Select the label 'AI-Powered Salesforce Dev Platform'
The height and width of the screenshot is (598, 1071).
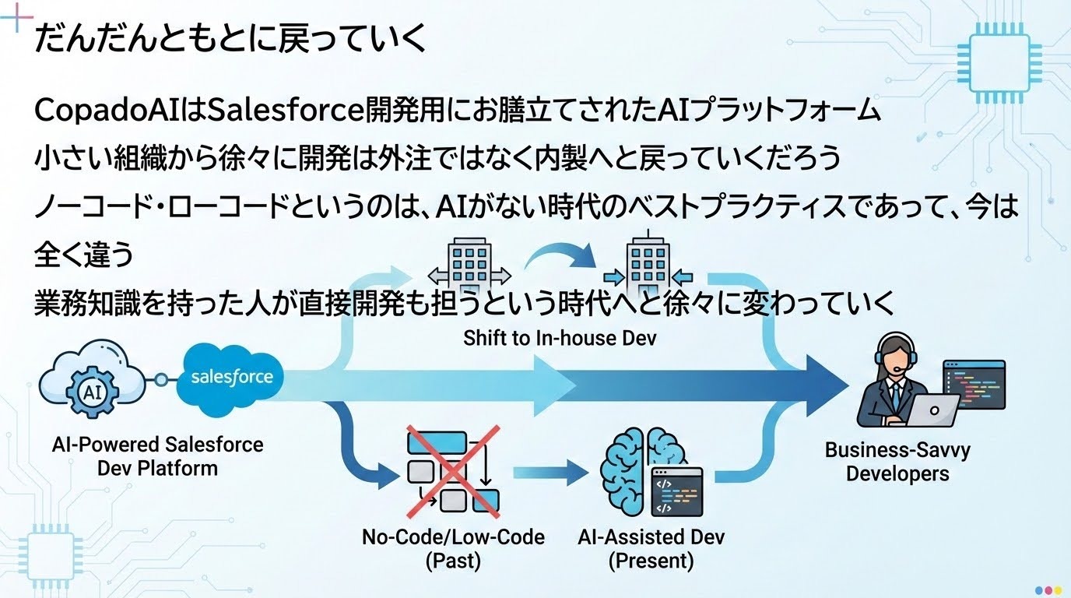point(157,457)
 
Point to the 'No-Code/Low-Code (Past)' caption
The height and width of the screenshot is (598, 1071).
point(453,548)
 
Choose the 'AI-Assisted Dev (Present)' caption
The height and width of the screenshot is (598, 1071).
point(651,548)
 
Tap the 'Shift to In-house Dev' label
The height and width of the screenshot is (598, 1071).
point(560,339)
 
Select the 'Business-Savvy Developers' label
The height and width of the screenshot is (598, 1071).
point(897,462)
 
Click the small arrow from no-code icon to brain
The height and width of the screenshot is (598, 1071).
point(550,470)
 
